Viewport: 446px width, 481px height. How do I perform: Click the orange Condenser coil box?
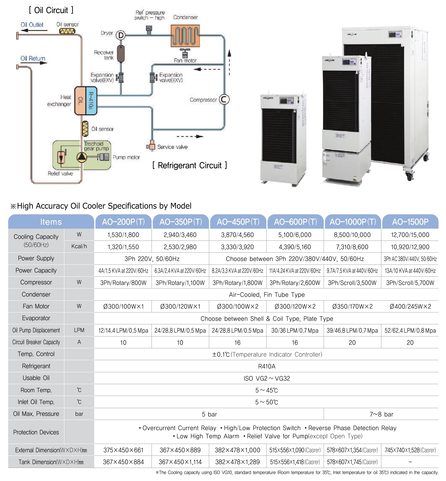tap(185, 36)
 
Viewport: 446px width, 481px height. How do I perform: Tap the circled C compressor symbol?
tap(224, 99)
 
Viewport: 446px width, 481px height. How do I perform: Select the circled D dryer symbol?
tap(121, 35)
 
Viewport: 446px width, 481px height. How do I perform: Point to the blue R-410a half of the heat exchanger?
tap(91, 101)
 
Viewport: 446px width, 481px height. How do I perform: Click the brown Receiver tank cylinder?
tap(121, 53)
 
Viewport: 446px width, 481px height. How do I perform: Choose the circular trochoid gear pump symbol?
tap(81, 157)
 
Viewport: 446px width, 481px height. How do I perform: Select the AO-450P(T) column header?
tap(238, 222)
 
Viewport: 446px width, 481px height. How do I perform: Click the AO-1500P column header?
tap(410, 222)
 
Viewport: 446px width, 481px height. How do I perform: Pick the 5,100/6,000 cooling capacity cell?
tap(295, 235)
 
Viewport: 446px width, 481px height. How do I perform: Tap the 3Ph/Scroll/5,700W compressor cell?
tap(410, 283)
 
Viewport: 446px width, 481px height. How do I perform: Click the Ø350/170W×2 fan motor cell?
tap(352, 306)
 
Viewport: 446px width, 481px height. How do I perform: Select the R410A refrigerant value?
tap(267, 366)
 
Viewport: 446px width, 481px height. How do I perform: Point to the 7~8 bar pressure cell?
tap(381, 414)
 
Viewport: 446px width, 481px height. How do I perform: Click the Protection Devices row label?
tap(36, 432)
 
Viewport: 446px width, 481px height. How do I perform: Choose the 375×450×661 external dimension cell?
tap(123, 450)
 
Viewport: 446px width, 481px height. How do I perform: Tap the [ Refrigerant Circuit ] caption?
tap(190, 165)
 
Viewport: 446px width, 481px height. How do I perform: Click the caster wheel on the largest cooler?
tap(410, 176)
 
